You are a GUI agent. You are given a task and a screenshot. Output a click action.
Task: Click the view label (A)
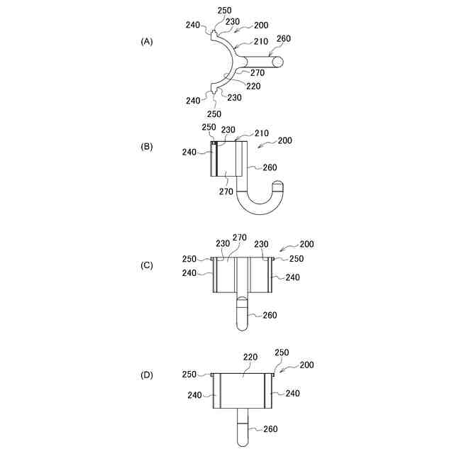click(147, 42)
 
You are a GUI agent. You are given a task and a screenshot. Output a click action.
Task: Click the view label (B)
click(147, 148)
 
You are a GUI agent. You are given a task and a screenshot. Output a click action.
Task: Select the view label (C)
click(147, 265)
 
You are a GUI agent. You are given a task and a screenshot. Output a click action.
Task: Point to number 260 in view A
click(283, 38)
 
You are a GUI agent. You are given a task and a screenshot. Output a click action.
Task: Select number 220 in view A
click(253, 86)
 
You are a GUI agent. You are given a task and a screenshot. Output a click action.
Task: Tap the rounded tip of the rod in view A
click(277, 62)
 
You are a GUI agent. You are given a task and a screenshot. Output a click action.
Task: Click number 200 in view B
click(285, 140)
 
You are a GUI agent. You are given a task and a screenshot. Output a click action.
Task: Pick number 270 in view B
click(226, 191)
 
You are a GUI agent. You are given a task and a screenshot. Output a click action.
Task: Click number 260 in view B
click(270, 167)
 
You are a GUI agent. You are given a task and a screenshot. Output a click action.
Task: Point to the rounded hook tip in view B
click(278, 186)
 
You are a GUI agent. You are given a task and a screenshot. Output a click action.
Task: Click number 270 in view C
click(240, 238)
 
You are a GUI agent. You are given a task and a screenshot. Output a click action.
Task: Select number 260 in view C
click(270, 315)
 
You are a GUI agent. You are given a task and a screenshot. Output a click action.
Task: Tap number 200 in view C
click(307, 244)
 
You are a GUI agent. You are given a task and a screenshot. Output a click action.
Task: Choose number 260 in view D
click(270, 428)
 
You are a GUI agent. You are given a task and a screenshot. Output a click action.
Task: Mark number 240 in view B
click(189, 152)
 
